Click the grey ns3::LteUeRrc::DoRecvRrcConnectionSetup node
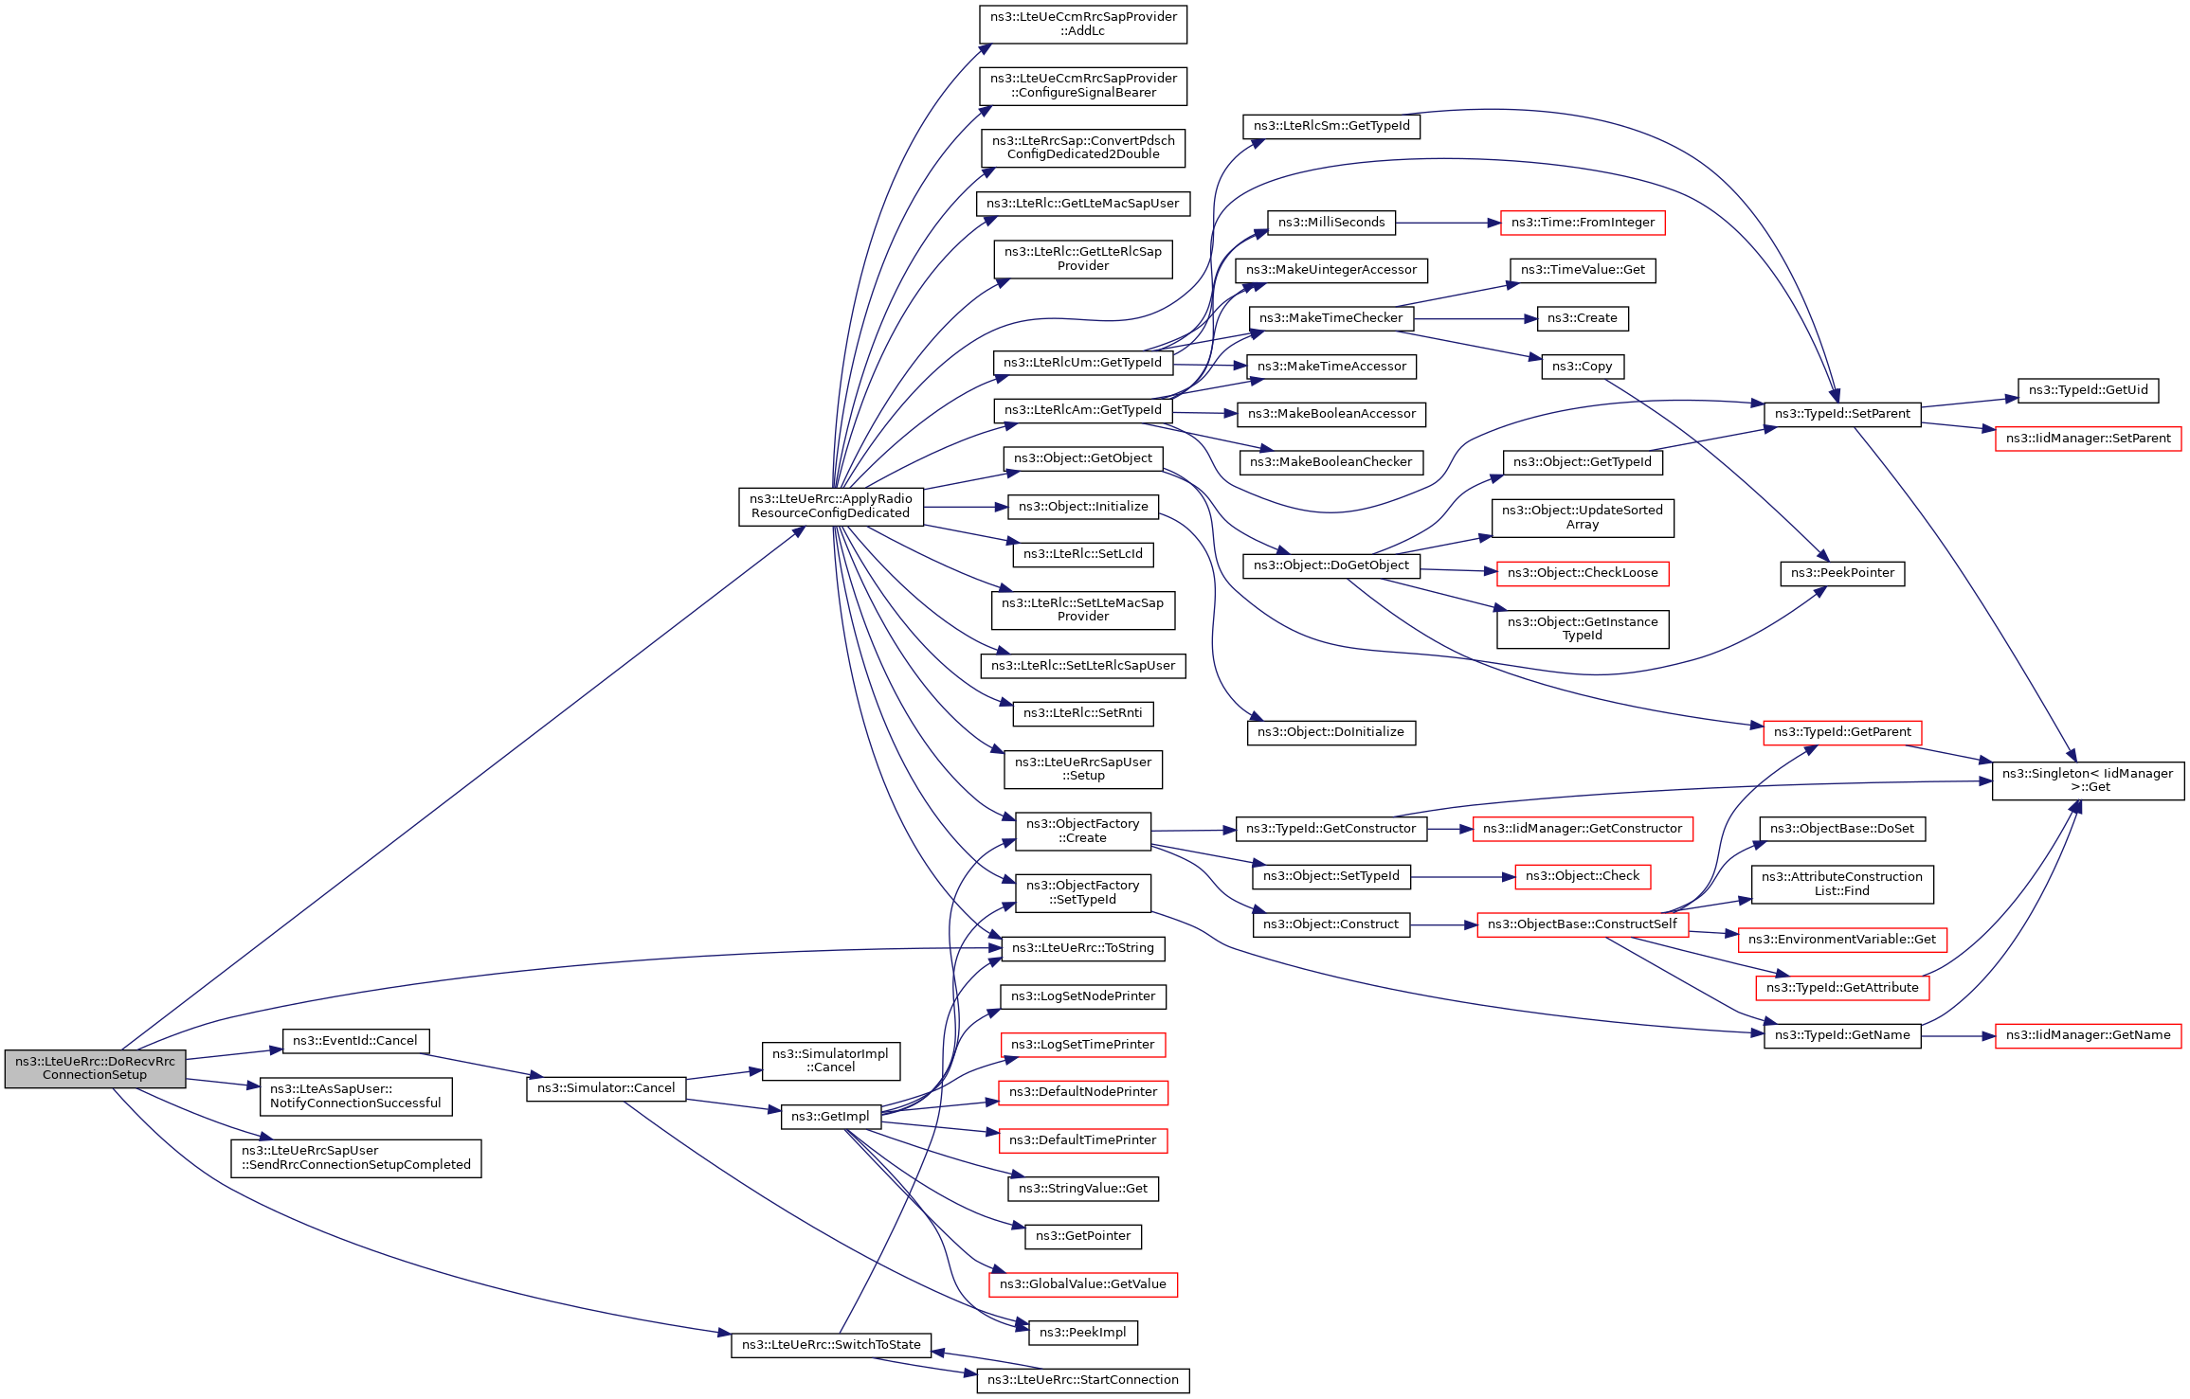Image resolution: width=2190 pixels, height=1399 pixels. (95, 1067)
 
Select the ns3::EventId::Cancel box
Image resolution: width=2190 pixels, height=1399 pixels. (355, 1040)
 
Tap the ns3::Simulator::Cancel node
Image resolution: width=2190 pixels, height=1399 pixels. (606, 1088)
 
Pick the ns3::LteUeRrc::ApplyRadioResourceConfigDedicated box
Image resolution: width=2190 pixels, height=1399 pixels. (831, 506)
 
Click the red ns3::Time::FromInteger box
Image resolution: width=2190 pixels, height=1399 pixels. (1583, 223)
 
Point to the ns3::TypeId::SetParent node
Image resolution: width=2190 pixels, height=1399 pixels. (1842, 414)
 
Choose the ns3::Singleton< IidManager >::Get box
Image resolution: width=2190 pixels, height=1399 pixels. (2088, 780)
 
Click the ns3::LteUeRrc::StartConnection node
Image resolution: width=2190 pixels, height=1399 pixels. (1083, 1380)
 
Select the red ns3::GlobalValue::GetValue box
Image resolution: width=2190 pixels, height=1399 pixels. (1083, 1284)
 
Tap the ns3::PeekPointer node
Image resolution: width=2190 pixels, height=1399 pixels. (1842, 573)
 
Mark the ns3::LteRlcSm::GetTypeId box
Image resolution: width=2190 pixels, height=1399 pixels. (1331, 126)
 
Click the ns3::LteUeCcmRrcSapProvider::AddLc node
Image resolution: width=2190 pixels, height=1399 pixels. (1083, 24)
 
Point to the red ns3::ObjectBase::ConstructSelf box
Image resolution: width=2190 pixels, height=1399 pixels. (1583, 924)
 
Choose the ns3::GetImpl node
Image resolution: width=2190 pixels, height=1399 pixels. (831, 1117)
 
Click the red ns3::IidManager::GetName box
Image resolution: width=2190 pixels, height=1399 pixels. (2088, 1035)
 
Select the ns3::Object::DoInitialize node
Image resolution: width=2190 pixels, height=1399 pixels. (1330, 732)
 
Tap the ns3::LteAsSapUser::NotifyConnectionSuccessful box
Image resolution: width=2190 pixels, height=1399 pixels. (355, 1096)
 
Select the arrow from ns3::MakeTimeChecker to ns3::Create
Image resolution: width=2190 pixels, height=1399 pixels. (1475, 319)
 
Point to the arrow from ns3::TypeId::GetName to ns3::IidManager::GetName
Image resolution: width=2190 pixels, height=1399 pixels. (1958, 1036)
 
